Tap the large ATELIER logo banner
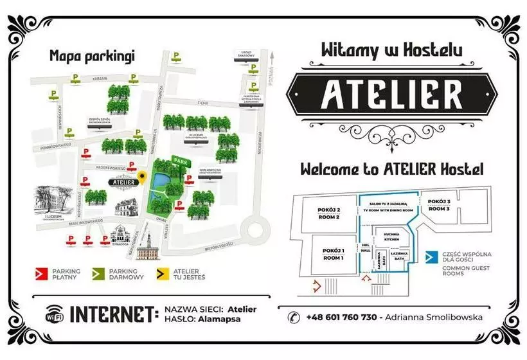[x=392, y=94]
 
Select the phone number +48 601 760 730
[x=341, y=316]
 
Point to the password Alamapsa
[x=215, y=319]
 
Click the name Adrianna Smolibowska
[x=436, y=316]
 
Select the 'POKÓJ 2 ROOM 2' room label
[x=328, y=213]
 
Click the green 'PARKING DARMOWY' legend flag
[x=98, y=274]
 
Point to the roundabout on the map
[x=256, y=229]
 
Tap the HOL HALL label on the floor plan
[x=366, y=249]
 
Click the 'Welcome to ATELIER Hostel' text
[x=392, y=170]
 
